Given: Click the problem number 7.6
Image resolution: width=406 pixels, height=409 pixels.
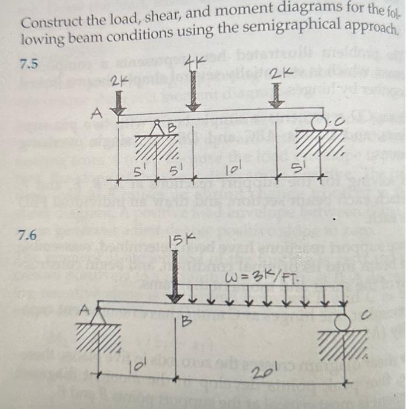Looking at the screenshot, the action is pos(27,236).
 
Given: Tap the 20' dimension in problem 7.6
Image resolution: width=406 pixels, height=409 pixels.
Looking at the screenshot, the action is pos(257,375).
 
